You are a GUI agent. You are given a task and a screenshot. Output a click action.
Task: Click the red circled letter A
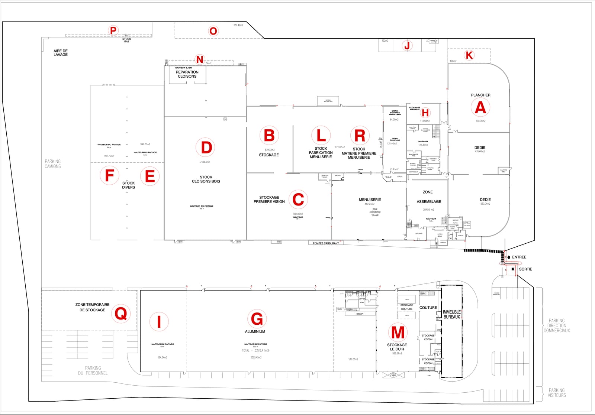480,107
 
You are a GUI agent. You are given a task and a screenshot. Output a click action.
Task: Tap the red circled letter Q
121,314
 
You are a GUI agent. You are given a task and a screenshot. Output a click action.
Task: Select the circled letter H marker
425,113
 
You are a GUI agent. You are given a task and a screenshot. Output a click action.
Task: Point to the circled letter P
113,30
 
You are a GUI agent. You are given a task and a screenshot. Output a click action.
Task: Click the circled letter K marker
469,55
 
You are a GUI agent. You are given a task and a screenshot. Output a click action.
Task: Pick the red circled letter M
398,332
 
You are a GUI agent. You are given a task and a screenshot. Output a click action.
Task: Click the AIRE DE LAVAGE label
61,53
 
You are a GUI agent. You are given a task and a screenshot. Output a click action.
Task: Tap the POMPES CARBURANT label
326,243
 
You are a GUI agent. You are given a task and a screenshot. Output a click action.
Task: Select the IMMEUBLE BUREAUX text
451,314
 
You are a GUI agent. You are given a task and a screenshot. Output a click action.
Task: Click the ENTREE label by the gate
519,257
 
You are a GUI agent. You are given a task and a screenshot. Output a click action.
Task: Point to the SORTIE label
525,269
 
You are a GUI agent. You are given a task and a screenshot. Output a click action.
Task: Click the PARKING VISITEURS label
557,393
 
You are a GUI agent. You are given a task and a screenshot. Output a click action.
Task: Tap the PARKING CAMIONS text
53,164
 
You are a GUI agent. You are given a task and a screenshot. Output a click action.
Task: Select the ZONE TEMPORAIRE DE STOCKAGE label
92,307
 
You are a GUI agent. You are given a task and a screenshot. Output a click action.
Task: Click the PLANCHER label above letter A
480,95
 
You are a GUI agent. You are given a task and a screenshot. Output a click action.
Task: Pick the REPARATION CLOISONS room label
187,74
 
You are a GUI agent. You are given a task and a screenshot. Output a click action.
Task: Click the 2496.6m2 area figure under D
205,162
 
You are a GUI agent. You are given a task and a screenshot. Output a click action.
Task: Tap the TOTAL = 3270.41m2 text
255,350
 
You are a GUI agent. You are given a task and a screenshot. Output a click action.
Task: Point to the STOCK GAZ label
127,40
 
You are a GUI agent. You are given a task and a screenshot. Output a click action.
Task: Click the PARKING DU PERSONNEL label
93,370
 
